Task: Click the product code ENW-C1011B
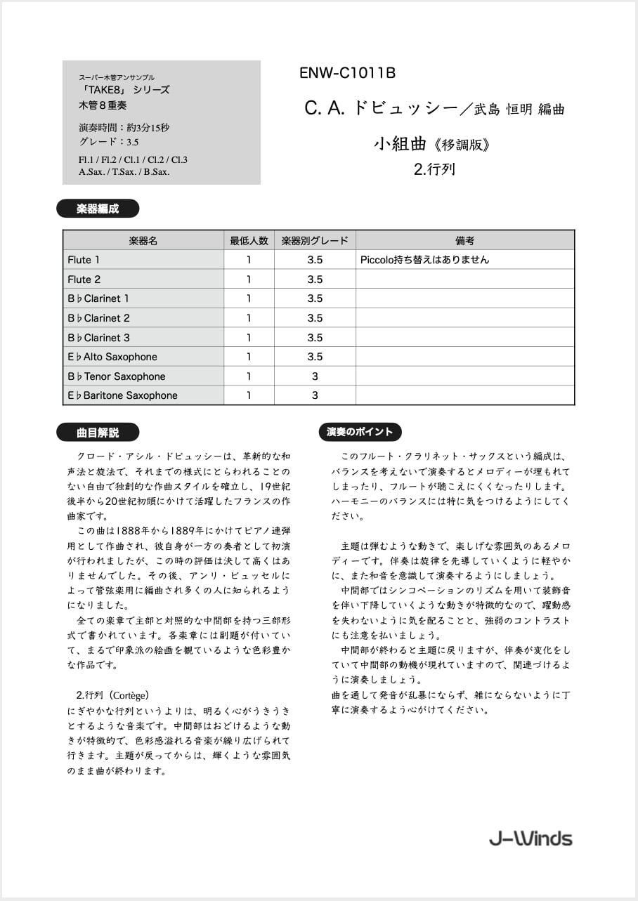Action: click(348, 73)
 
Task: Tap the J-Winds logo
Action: click(531, 838)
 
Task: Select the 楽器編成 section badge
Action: click(98, 209)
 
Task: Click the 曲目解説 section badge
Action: click(98, 433)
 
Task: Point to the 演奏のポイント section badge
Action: click(360, 432)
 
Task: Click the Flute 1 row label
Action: click(84, 260)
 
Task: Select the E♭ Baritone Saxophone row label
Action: click(122, 395)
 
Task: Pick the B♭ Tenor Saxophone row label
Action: click(117, 376)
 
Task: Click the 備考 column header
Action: click(465, 240)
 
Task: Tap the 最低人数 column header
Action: click(249, 240)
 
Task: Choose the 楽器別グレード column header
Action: click(315, 240)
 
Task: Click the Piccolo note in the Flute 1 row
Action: click(424, 260)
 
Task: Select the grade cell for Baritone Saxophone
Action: click(315, 395)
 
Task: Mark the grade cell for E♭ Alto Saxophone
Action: click(315, 357)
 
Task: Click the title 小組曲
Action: click(400, 145)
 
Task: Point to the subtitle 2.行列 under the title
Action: click(434, 169)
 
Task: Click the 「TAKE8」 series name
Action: click(124, 90)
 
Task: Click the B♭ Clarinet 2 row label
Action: click(98, 318)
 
